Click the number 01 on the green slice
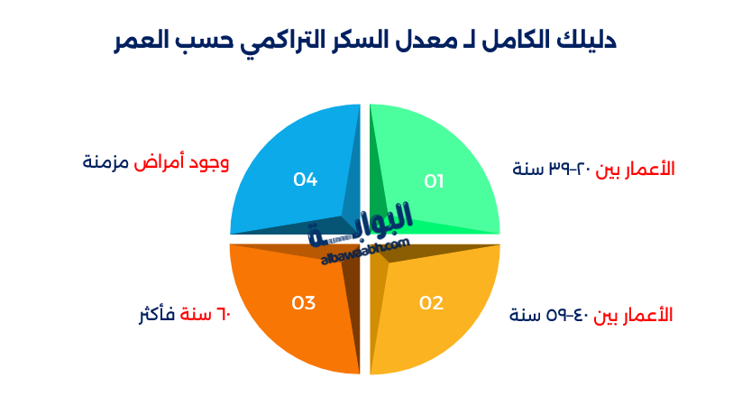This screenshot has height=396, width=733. point(434,181)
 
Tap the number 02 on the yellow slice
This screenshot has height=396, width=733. point(431,303)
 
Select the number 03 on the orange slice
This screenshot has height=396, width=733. point(303,303)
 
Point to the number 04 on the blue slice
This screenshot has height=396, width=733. point(305,180)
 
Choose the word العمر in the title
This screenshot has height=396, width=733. point(145,40)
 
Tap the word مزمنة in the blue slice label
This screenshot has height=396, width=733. point(106,162)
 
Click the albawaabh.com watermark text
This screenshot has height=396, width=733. point(365,252)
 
